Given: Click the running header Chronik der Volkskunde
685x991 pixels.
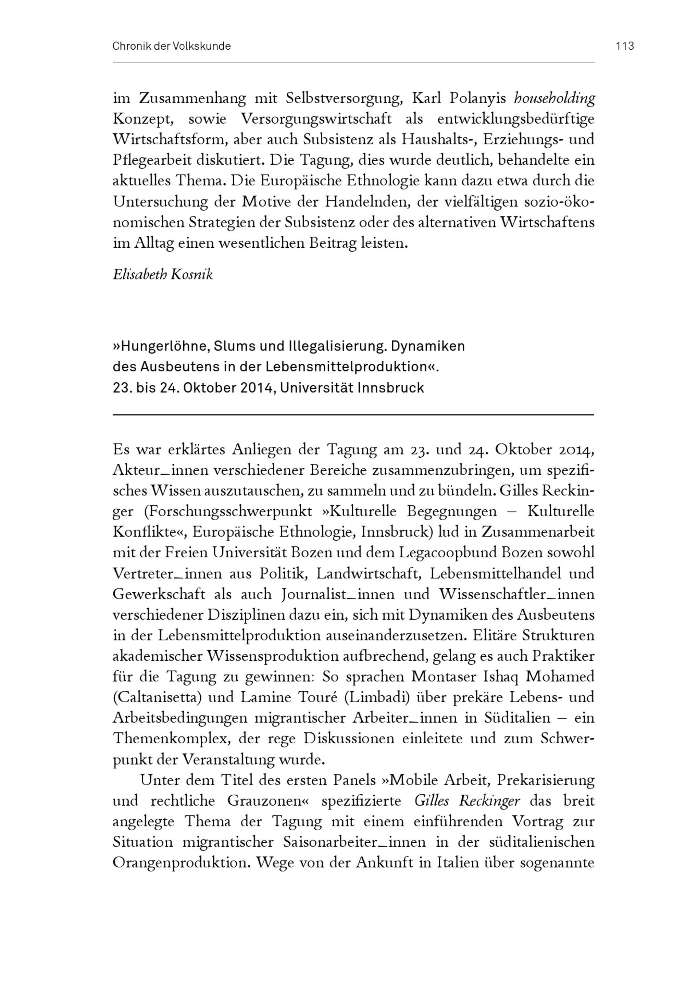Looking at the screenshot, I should pyautogui.click(x=172, y=46).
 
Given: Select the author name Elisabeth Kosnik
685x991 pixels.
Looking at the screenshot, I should pyautogui.click(x=163, y=274).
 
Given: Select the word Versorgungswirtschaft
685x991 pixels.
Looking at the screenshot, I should pyautogui.click(x=316, y=119).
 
